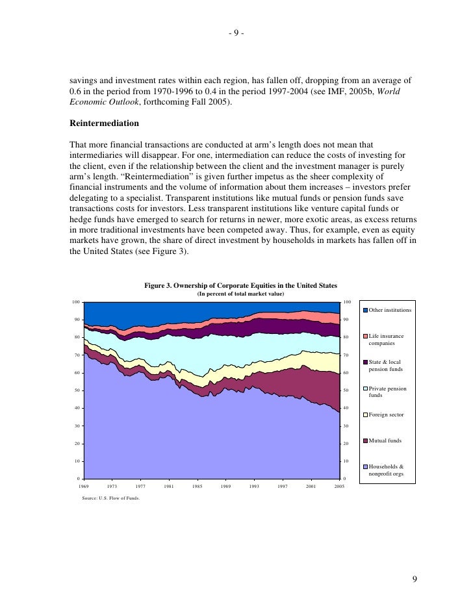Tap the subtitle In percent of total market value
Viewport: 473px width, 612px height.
(240, 294)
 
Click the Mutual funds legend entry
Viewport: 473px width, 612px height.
(385, 440)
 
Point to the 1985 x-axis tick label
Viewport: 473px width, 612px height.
(198, 486)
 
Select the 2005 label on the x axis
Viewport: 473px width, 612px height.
(339, 486)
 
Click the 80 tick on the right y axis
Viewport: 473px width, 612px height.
(346, 337)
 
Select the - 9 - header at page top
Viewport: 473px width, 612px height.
(236, 34)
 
